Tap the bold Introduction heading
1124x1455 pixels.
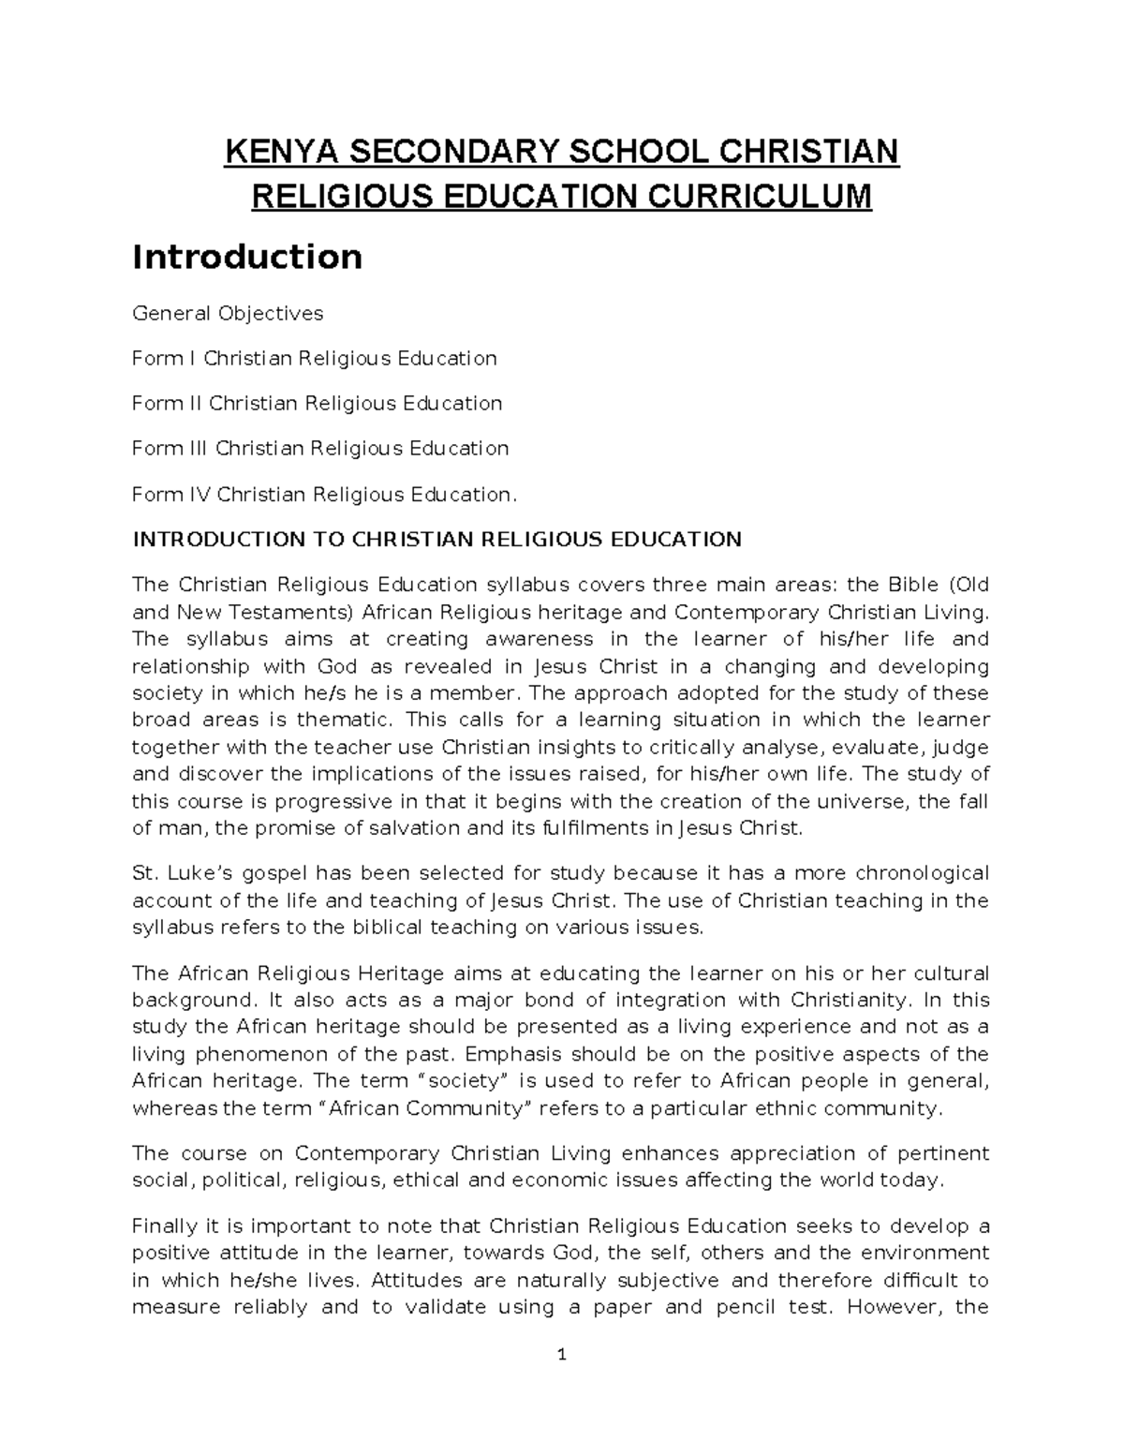[247, 256]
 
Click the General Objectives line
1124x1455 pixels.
[228, 313]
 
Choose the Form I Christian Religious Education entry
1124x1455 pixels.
[314, 358]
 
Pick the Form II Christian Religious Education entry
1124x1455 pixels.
[317, 403]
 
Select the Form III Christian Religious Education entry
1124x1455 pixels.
[320, 448]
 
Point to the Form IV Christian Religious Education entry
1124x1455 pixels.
[324, 494]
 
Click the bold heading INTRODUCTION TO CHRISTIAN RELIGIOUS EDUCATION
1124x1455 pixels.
[436, 540]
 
